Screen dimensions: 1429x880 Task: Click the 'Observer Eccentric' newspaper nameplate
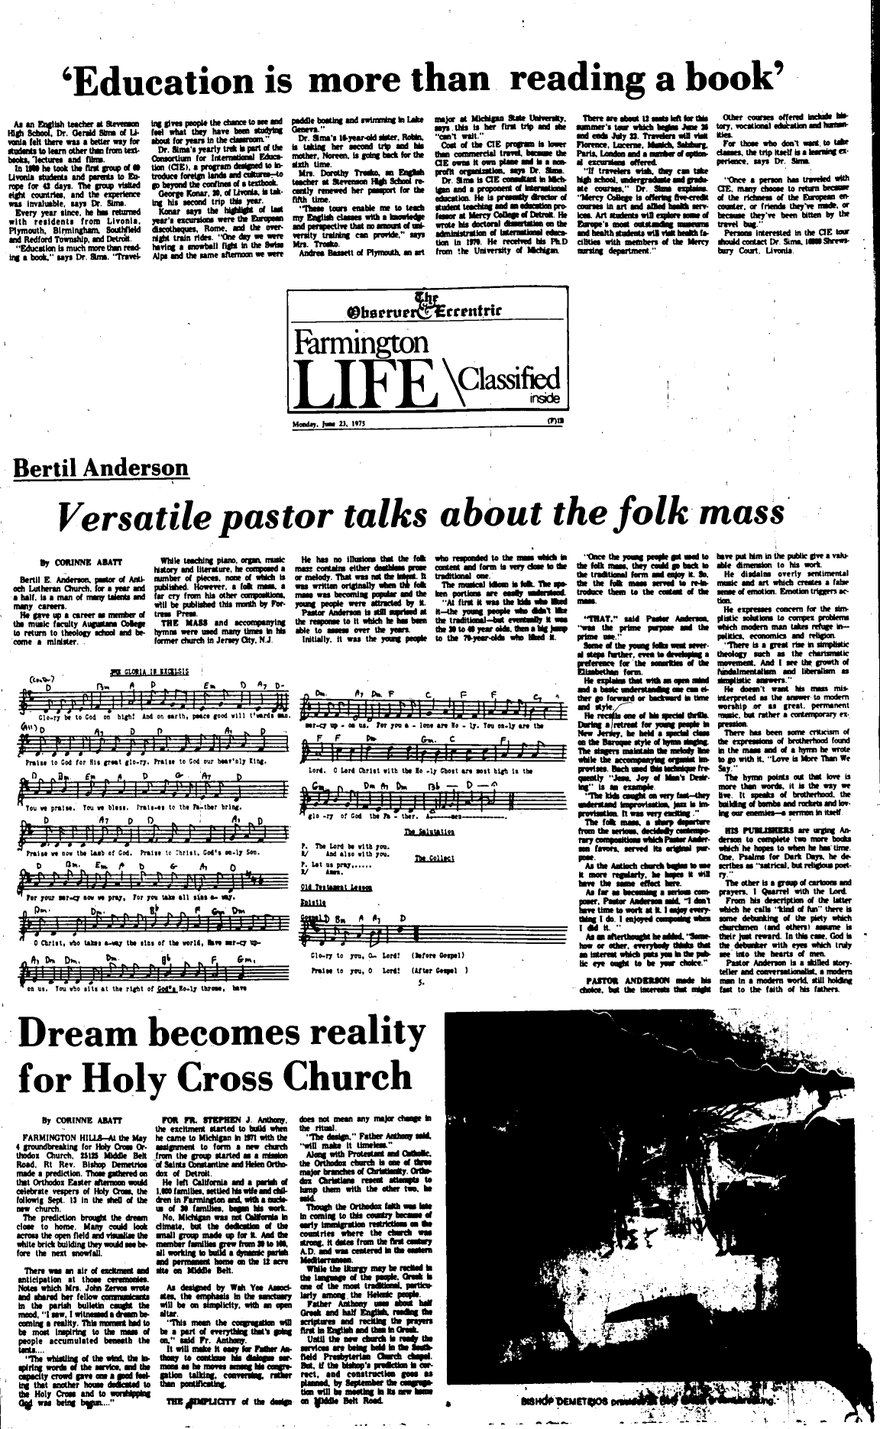[426, 308]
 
